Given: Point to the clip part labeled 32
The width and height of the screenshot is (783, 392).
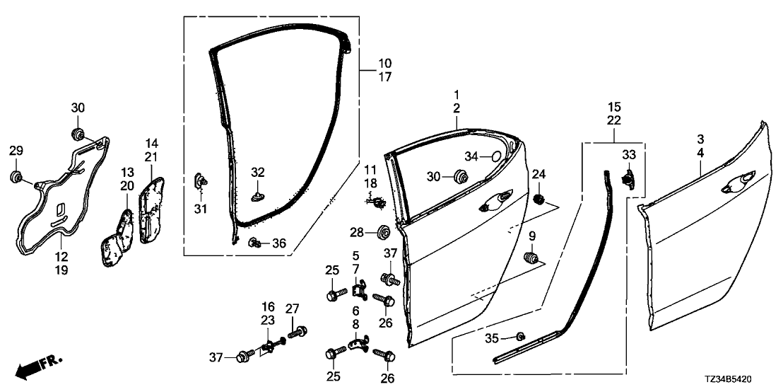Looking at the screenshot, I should click(x=258, y=190).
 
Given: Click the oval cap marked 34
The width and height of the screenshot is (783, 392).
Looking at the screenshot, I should click(x=495, y=156).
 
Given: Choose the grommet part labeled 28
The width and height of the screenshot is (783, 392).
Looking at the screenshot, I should click(x=385, y=231).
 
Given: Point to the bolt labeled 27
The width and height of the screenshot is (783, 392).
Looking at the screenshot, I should click(x=297, y=330).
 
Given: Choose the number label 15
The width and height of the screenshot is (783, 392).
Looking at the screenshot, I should click(x=613, y=107).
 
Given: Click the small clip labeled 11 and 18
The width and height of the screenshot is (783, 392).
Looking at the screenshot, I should click(x=379, y=202).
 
